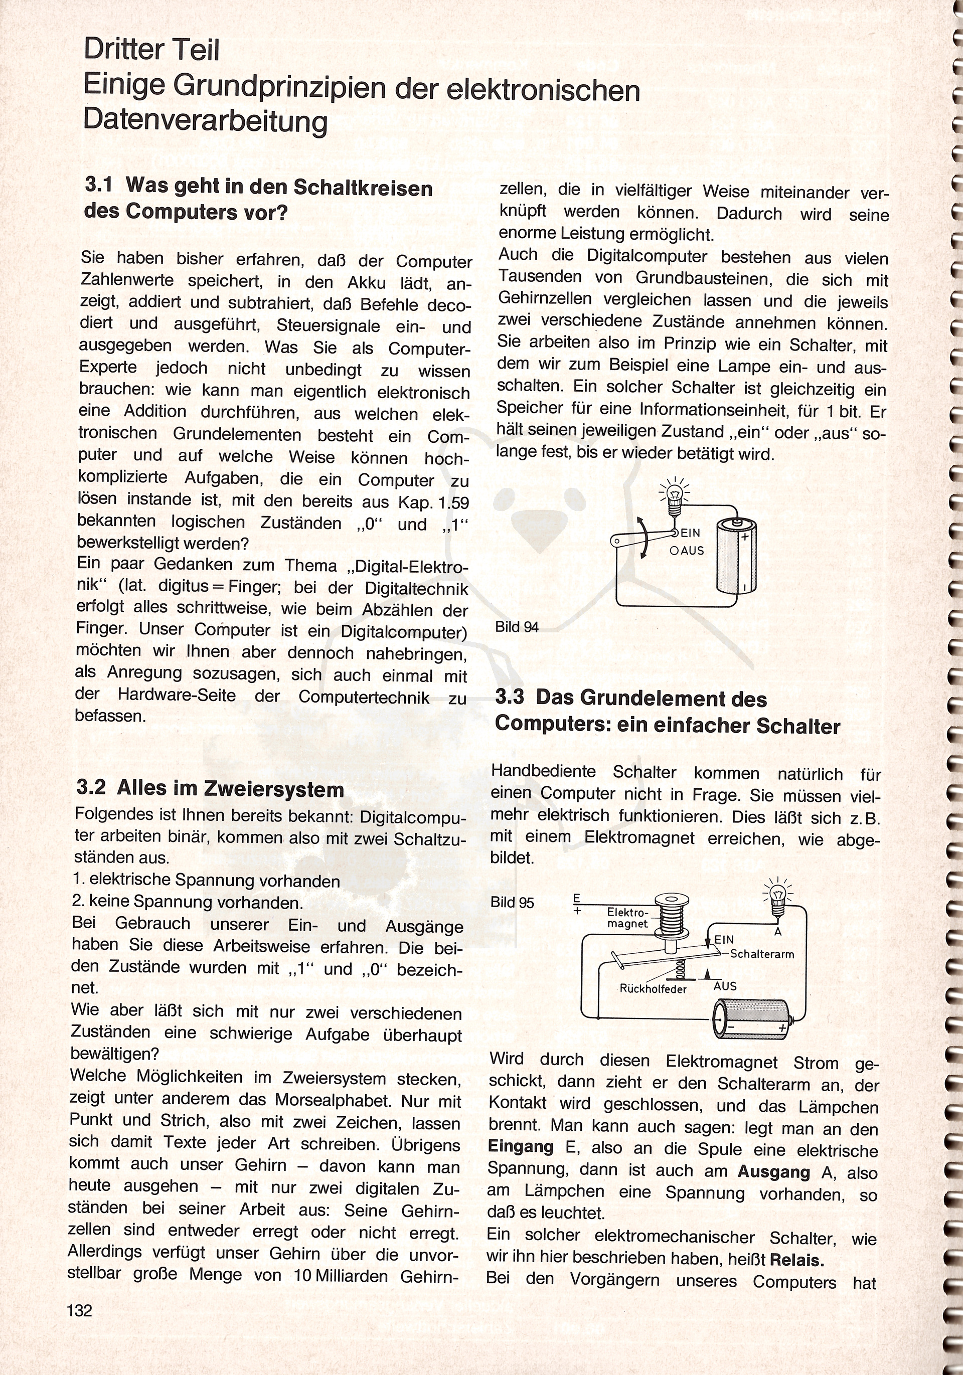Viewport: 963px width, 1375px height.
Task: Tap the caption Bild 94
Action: point(517,626)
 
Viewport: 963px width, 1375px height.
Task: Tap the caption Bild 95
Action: point(512,903)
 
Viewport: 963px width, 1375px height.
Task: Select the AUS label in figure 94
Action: point(691,550)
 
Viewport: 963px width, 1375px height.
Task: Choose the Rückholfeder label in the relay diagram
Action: point(653,989)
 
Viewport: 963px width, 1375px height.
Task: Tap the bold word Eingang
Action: point(521,1147)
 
